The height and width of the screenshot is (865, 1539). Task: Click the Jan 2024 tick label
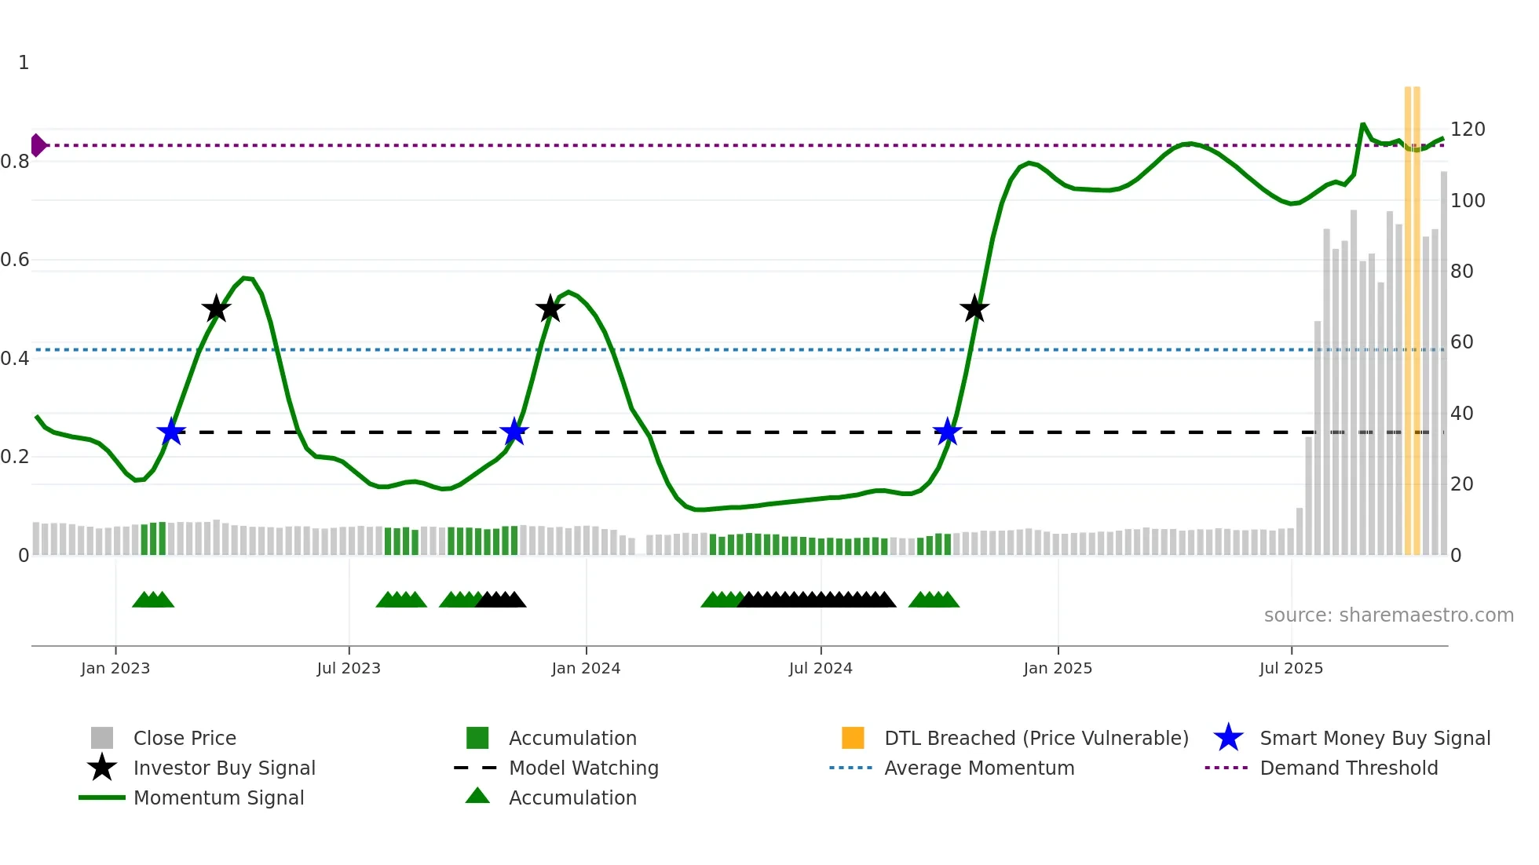pos(586,668)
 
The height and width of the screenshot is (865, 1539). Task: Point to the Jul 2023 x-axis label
pos(349,668)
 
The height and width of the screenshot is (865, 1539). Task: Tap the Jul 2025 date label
pos(1291,668)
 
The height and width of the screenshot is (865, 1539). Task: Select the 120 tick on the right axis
pos(1467,130)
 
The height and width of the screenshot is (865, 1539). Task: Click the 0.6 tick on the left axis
pos(15,260)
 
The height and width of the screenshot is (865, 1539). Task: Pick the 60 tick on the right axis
pos(1461,342)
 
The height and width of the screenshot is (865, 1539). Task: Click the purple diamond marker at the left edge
pos(38,145)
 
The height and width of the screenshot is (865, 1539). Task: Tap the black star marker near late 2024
pos(974,308)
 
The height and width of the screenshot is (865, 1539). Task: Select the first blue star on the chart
pos(170,432)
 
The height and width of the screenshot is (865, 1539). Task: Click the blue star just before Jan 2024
pos(514,432)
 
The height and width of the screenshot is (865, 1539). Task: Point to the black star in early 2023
pos(216,308)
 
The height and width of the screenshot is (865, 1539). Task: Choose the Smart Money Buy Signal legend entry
pos(1374,739)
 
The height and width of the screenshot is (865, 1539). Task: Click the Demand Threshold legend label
pos(1348,768)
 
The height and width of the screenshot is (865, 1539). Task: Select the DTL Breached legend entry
pos(1036,739)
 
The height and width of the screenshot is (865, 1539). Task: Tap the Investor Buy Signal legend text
pos(224,768)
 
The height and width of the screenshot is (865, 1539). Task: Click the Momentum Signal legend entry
pos(218,798)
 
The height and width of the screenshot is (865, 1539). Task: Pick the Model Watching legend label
pos(583,768)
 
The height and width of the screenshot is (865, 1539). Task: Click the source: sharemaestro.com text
pos(1388,615)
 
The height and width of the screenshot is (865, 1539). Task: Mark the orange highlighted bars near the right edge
pos(1413,314)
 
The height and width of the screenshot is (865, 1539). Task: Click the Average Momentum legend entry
pos(978,768)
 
